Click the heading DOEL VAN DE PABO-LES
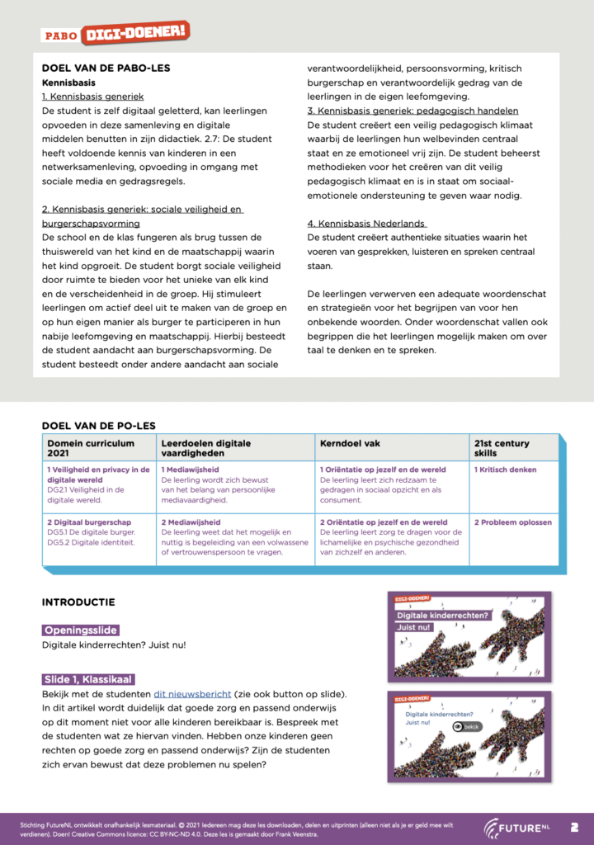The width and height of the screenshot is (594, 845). click(106, 68)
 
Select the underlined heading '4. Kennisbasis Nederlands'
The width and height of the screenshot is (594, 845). click(367, 223)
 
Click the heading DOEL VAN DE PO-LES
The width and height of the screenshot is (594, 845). click(98, 426)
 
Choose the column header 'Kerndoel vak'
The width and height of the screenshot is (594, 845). click(350, 443)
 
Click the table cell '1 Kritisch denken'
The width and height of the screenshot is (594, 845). click(505, 470)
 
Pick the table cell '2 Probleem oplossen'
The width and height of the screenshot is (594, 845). click(512, 522)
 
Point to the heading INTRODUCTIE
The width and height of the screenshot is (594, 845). click(78, 602)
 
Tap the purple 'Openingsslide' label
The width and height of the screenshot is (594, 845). click(81, 630)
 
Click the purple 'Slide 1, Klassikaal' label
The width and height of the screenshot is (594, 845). click(87, 679)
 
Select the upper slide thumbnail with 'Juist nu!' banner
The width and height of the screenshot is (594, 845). click(469, 636)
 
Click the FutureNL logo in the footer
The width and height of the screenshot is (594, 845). click(516, 827)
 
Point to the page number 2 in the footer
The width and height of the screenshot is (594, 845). click(574, 826)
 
